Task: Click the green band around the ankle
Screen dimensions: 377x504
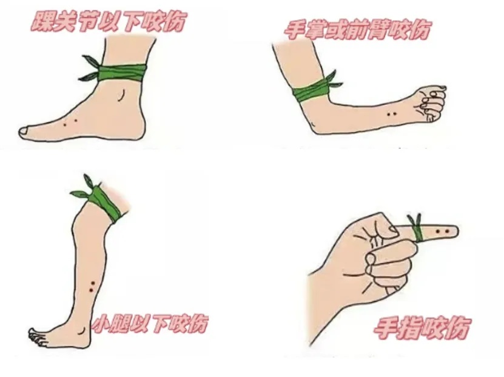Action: click(121, 72)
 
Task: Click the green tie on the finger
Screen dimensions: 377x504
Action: click(417, 230)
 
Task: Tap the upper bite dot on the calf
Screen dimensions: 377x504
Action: click(92, 284)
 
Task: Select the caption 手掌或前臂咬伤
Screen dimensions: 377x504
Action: click(358, 28)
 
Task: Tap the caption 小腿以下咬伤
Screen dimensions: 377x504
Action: click(149, 322)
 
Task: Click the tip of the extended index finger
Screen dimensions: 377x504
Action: click(455, 231)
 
